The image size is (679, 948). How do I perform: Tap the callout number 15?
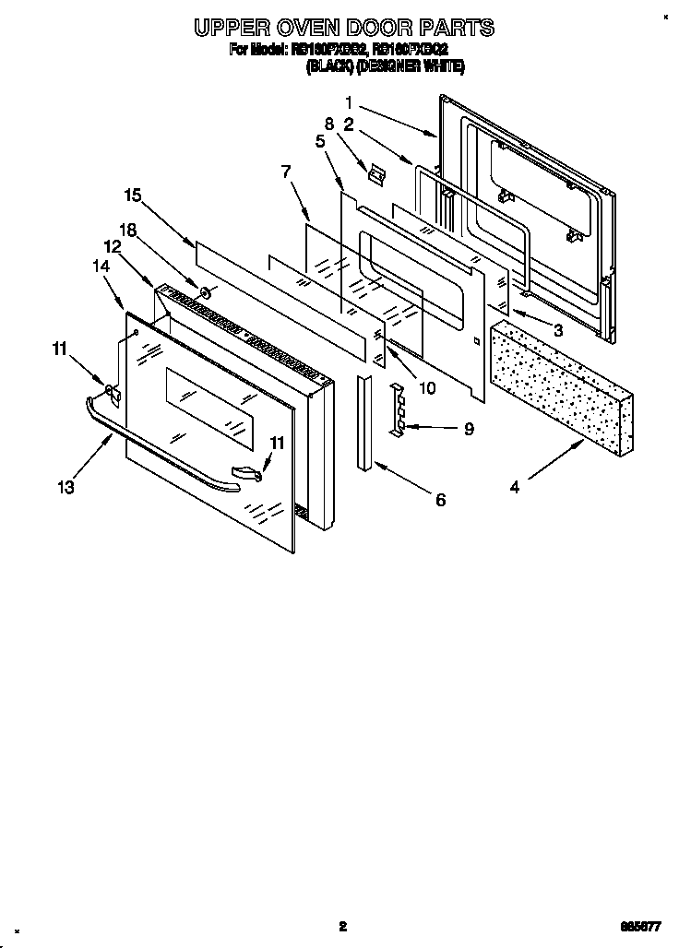[133, 195]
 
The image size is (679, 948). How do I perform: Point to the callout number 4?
[515, 487]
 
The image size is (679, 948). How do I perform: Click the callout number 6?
[440, 500]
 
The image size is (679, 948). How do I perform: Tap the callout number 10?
[426, 388]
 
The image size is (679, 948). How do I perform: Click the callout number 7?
[286, 171]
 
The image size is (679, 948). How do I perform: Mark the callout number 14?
[101, 265]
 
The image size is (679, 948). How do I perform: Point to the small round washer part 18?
[206, 295]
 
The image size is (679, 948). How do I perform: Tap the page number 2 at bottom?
[342, 926]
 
